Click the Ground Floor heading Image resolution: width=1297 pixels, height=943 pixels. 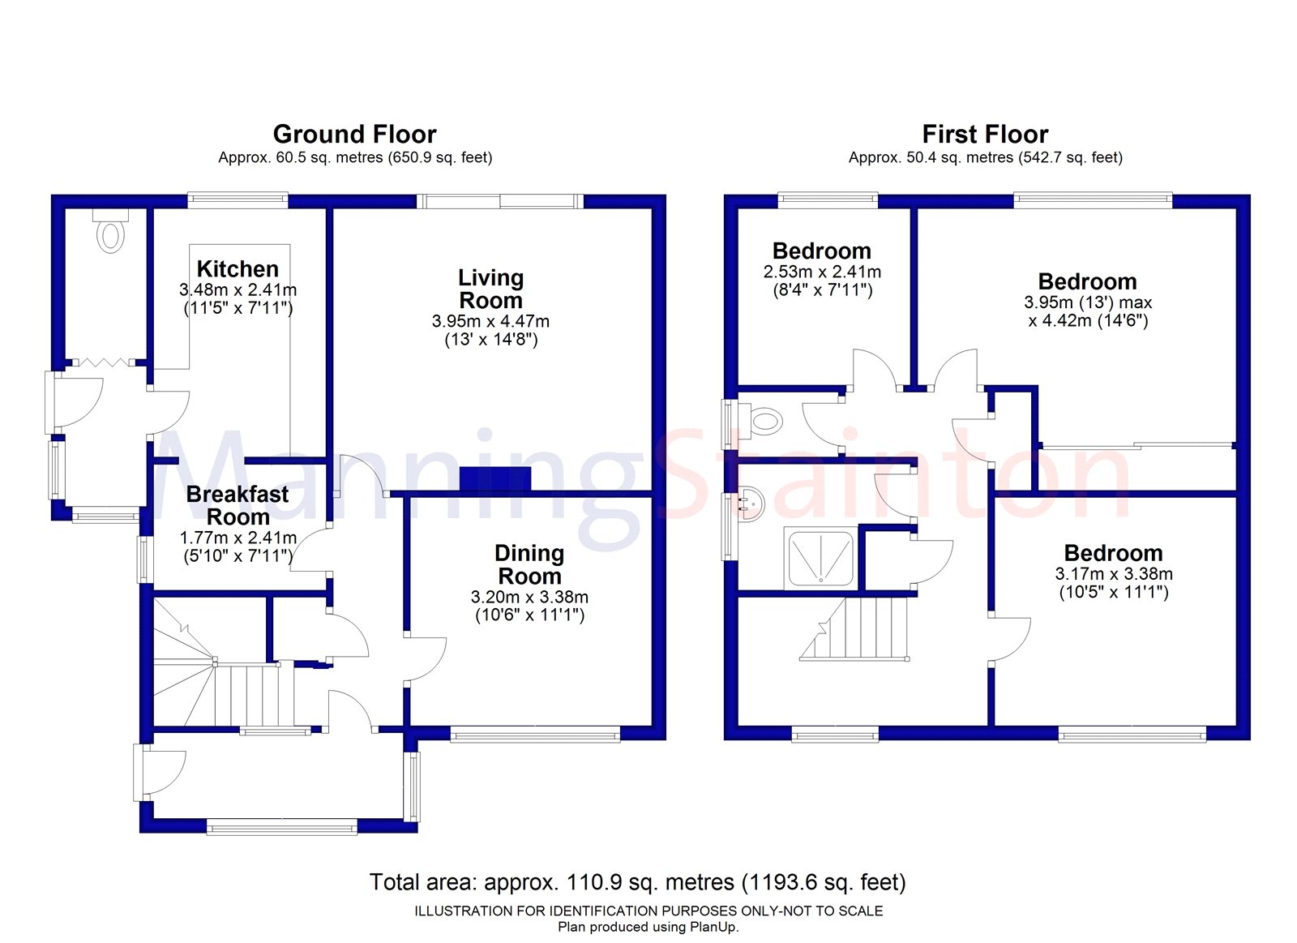(x=354, y=135)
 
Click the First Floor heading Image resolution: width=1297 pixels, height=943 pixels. (x=985, y=135)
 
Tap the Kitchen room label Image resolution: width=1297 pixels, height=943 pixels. (x=238, y=268)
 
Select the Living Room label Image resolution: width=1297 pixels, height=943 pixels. (x=491, y=289)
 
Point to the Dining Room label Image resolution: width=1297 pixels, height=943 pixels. (x=529, y=564)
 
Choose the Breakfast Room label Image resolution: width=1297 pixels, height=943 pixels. (x=238, y=505)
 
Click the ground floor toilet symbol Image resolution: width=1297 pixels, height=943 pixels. (x=111, y=232)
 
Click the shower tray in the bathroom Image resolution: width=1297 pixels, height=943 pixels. (x=820, y=558)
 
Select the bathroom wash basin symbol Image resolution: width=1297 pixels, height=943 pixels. (x=751, y=504)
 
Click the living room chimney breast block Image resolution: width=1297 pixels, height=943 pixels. (x=495, y=480)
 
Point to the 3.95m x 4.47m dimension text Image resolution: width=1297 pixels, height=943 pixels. (x=491, y=321)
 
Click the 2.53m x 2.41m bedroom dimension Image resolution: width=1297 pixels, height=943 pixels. (x=822, y=271)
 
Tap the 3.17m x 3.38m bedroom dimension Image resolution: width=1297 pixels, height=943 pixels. (x=1114, y=573)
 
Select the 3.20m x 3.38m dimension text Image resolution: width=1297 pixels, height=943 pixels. (x=529, y=597)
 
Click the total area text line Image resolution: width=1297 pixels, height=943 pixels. (x=637, y=882)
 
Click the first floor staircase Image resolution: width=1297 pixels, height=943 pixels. (x=854, y=628)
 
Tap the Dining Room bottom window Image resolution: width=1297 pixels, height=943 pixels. (x=535, y=736)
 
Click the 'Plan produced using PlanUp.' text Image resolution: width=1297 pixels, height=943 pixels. (x=648, y=928)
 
